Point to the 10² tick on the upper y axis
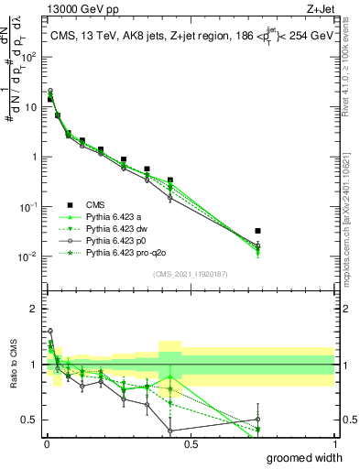click(29, 57)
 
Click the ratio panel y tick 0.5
click(31, 420)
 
